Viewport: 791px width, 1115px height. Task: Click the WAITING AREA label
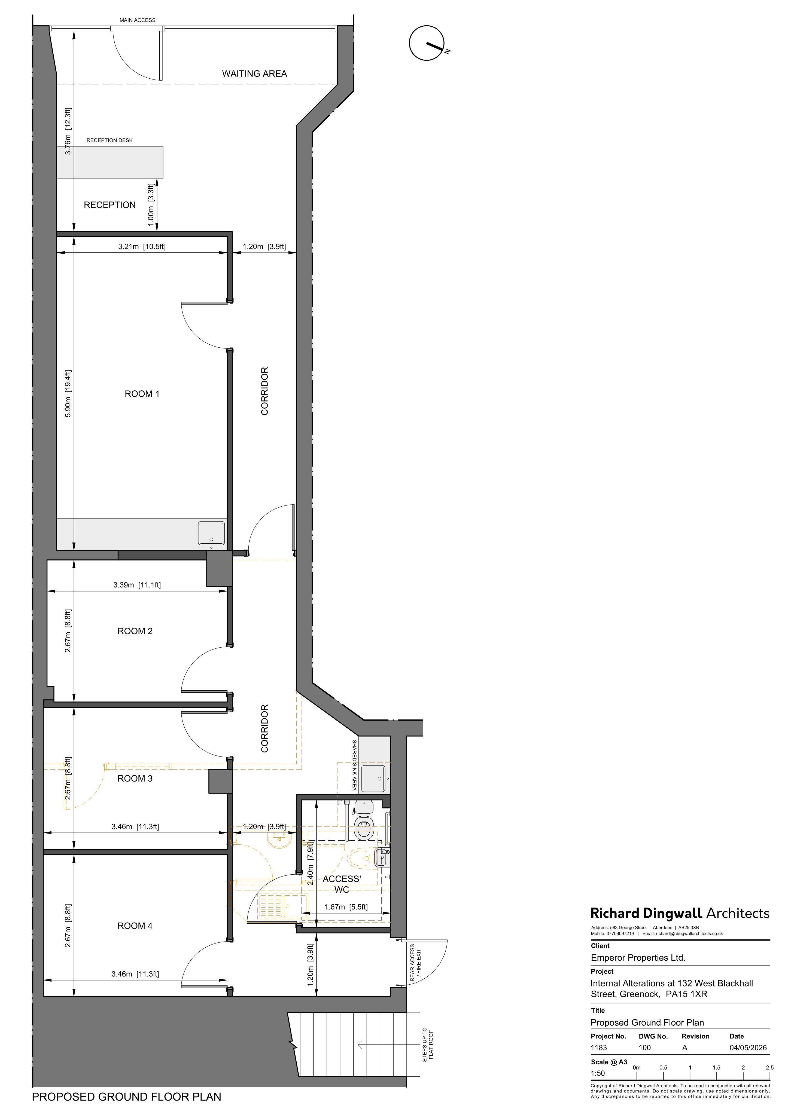[254, 74]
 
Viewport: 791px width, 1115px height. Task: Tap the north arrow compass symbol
[427, 43]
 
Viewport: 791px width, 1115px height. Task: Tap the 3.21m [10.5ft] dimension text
[142, 246]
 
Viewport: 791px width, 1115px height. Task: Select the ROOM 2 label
[135, 631]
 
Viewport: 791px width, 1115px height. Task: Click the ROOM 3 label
[135, 779]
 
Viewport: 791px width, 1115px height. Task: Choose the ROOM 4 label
[135, 926]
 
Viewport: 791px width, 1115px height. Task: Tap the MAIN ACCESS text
[137, 20]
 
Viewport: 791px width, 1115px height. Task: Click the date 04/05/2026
[748, 1047]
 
